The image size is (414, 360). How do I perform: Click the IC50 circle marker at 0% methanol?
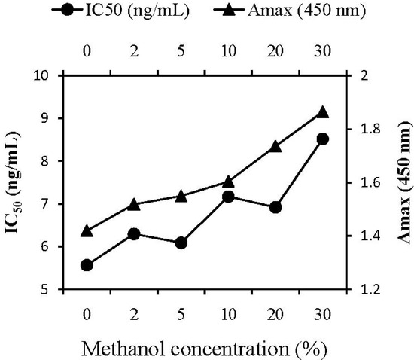(x=87, y=265)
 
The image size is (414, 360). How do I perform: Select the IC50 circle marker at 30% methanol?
(x=322, y=139)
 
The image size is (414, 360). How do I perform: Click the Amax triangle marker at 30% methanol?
(x=322, y=112)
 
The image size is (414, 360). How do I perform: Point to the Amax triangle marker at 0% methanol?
(x=87, y=230)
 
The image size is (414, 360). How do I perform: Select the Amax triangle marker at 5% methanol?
(x=181, y=196)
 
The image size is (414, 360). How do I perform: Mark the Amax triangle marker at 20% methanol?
(x=275, y=147)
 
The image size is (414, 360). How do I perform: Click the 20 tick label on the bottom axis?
(x=275, y=311)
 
